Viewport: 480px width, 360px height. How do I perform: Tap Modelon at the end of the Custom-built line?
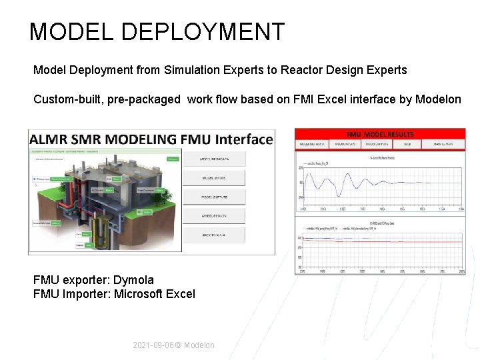click(x=438, y=99)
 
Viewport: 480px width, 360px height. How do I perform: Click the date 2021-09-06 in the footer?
click(x=153, y=345)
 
